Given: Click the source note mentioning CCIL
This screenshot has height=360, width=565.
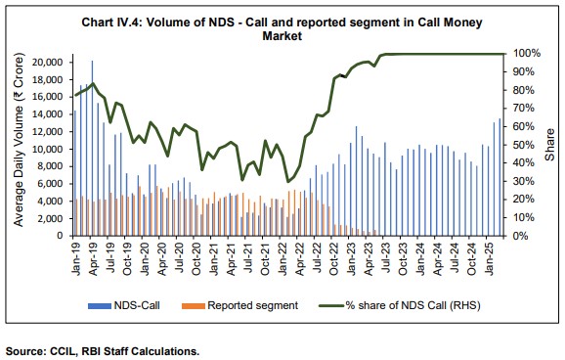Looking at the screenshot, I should tap(103, 349).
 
